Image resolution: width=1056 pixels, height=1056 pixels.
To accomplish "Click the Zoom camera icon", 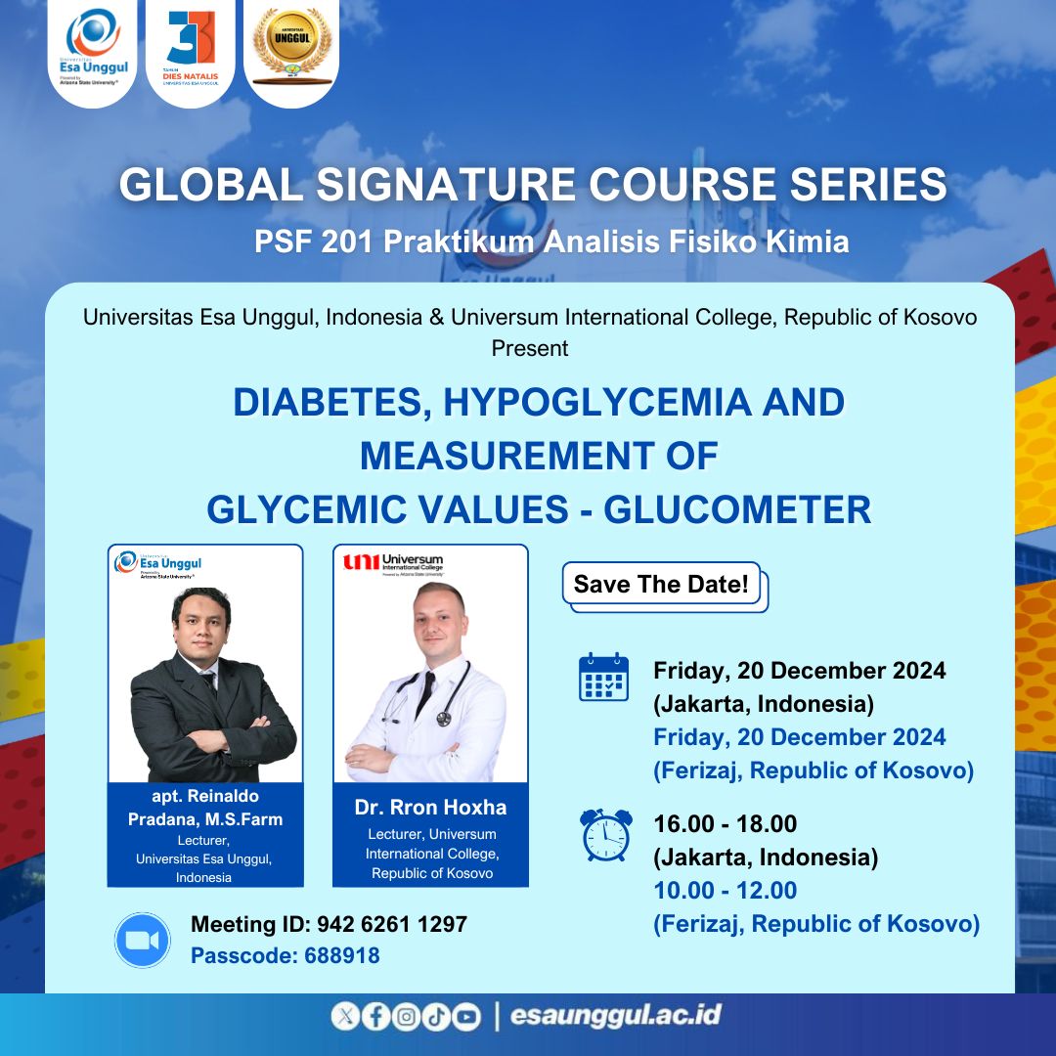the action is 142,941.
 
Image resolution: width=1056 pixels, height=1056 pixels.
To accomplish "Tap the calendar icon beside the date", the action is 603,677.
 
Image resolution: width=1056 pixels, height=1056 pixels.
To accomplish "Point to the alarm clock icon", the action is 605,835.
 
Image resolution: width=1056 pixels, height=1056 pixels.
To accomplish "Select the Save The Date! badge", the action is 661,584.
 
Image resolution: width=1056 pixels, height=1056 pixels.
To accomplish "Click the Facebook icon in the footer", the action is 375,1016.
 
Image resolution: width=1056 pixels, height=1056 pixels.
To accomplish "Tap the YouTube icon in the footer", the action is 466,1016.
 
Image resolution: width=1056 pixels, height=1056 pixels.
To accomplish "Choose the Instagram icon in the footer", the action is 406,1016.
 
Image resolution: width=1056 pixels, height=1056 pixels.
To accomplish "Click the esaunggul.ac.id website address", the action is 616,1015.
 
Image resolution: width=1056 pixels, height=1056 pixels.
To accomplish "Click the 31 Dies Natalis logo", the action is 191,47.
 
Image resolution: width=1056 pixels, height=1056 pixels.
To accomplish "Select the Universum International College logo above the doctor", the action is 394,564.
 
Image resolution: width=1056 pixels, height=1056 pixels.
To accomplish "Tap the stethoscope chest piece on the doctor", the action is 443,719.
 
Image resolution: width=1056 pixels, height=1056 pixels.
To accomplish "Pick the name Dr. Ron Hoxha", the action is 430,807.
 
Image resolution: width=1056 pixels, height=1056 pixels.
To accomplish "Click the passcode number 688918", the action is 342,955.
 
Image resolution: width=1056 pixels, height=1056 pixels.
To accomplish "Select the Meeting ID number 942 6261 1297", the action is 392,924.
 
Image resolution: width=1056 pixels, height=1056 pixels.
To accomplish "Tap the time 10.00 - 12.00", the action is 726,891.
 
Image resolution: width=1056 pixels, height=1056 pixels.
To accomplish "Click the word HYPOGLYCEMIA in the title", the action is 595,402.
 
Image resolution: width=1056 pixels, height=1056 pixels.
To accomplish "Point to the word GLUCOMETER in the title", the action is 737,509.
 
